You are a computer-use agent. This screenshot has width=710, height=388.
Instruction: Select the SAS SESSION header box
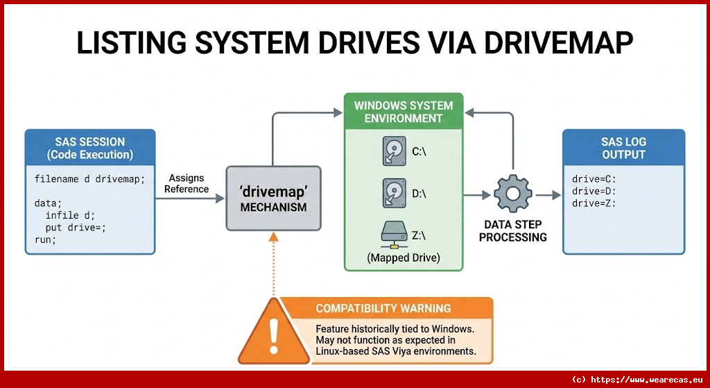[x=90, y=147]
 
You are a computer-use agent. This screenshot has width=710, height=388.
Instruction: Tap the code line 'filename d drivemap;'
[x=89, y=179]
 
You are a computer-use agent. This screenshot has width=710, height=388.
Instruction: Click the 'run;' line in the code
[x=45, y=239]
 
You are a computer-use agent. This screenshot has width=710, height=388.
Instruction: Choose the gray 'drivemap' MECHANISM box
[x=273, y=199]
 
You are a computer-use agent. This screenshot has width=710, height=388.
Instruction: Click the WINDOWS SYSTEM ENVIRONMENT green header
[x=404, y=111]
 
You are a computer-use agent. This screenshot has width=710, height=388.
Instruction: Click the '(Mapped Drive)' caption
[x=404, y=258]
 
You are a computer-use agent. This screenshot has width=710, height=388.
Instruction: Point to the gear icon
[x=512, y=195]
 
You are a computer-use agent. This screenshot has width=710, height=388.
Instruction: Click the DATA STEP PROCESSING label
[x=513, y=231]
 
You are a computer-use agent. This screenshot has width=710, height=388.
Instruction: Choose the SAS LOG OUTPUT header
[x=623, y=147]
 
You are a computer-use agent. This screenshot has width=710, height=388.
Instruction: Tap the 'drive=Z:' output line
[x=594, y=203]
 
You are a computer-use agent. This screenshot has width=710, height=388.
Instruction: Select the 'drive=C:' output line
[x=594, y=179]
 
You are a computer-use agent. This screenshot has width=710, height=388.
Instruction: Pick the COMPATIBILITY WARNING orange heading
[x=383, y=308]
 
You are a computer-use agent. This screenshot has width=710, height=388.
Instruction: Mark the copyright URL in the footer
[x=639, y=380]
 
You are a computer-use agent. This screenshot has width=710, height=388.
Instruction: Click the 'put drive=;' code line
[x=76, y=228]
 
